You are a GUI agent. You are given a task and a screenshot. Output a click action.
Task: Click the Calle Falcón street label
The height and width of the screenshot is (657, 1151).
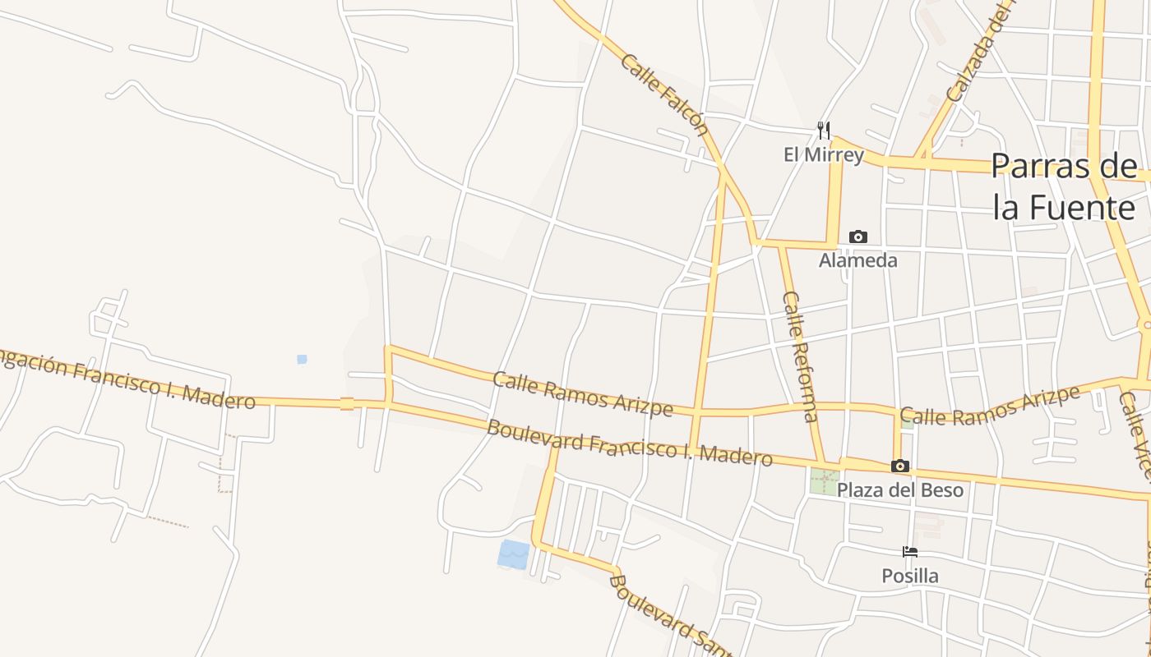click(x=664, y=94)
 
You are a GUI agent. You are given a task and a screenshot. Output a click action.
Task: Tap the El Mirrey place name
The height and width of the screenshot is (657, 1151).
click(x=823, y=154)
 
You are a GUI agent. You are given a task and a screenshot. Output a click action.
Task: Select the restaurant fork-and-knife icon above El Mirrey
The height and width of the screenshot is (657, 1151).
click(x=823, y=131)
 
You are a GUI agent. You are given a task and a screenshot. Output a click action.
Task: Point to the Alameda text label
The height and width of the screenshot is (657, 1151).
click(x=857, y=260)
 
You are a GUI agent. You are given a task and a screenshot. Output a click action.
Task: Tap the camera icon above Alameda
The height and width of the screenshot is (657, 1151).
click(x=857, y=237)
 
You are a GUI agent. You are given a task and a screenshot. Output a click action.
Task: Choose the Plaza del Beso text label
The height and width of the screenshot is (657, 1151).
click(x=899, y=490)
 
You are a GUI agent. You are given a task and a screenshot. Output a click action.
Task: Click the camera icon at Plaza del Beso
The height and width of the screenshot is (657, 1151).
click(x=899, y=466)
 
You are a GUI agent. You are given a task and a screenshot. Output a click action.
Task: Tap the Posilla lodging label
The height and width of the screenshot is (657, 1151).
click(x=909, y=576)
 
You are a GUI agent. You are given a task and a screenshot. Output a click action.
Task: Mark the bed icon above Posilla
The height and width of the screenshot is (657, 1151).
click(x=909, y=552)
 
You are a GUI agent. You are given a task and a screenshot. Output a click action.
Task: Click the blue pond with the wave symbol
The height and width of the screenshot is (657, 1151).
click(x=514, y=554)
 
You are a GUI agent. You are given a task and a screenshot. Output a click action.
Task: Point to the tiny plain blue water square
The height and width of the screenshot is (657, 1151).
click(x=302, y=359)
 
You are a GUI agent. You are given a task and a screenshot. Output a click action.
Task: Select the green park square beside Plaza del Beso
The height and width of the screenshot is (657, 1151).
click(x=824, y=481)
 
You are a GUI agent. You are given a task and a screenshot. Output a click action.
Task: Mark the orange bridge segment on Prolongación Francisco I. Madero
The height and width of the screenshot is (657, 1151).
click(x=346, y=403)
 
